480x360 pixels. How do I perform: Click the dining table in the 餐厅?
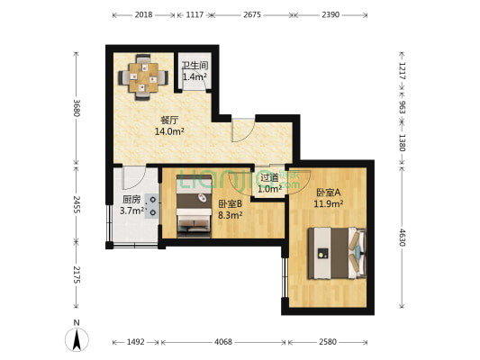point(141,75)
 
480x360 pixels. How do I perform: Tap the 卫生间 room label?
point(195,66)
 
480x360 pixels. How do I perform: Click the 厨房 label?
point(131,200)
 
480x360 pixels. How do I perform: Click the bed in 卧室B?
point(193,215)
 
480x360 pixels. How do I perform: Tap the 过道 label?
point(269,178)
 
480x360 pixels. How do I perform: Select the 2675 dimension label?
point(251,15)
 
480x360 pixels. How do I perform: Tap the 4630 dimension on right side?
point(403,238)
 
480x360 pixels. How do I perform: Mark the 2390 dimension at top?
point(331,15)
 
